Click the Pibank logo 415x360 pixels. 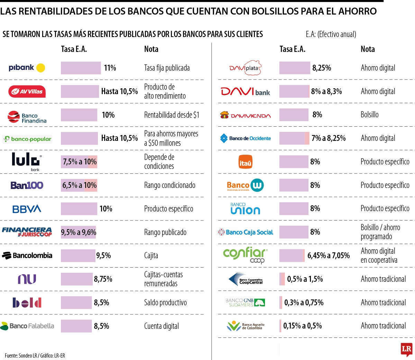coord(27,68)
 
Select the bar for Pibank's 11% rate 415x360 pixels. coord(81,68)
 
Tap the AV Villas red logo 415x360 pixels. coord(27,91)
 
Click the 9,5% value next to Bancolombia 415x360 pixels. coord(103,256)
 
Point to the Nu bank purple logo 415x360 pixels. coord(27,279)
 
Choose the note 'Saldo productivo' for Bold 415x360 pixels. coord(165,303)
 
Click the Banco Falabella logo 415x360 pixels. coord(27,326)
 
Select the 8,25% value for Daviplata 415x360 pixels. coord(322,68)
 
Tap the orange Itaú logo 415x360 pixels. coord(245,162)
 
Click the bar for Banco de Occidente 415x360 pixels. coord(294,138)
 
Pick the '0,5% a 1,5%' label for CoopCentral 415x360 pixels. coord(305,279)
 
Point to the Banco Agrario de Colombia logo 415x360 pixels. coord(246,326)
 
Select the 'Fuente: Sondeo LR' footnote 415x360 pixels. coord(35,355)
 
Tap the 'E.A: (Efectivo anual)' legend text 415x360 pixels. coord(331,34)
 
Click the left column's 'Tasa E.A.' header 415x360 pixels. coord(74,49)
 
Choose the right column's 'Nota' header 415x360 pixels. coord(368,49)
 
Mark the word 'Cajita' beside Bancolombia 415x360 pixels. coord(151,256)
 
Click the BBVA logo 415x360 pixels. coord(27,209)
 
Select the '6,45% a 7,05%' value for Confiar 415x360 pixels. coord(329,256)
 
